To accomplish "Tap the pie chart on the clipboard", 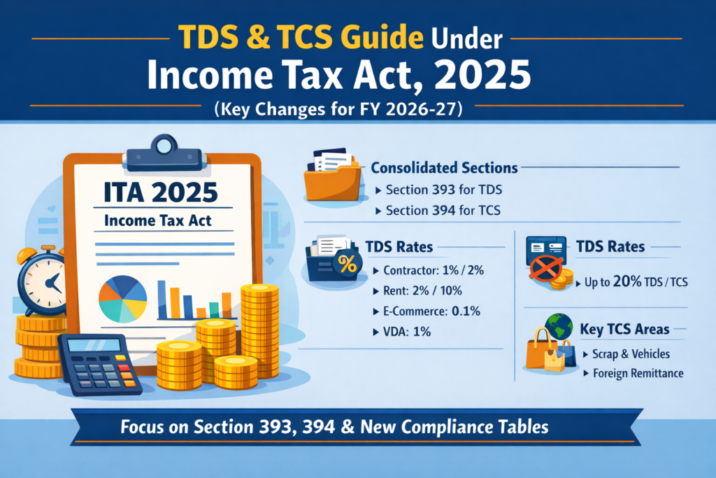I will coord(123,298).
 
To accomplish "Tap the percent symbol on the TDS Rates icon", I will coord(344,264).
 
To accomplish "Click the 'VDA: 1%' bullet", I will coord(413,331).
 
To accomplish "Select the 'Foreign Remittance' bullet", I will coord(636,373).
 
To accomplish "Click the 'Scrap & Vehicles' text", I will coord(630,354).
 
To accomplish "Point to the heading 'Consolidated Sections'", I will coord(444,168).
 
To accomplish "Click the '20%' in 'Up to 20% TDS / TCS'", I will coord(620,283).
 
